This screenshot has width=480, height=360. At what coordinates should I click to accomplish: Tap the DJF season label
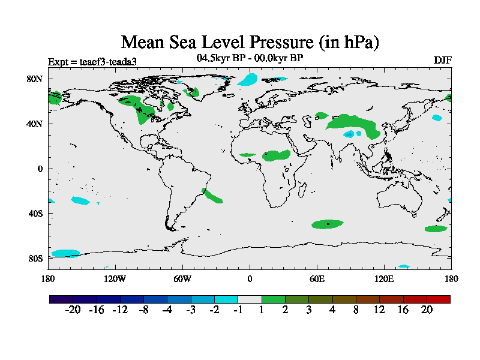[442, 61]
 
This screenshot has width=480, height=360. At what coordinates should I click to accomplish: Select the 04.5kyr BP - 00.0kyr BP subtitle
[250, 58]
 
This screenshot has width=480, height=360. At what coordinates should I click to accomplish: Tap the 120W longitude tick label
[115, 278]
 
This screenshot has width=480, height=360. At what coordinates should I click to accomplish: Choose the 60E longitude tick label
[317, 278]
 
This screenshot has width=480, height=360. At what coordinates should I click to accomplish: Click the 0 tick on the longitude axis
[250, 278]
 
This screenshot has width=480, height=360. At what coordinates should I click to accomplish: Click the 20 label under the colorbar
[427, 310]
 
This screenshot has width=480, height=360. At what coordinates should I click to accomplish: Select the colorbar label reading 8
[356, 310]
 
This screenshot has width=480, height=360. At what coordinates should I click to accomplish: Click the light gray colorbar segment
[250, 299]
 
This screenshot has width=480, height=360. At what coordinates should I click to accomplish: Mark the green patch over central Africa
[277, 155]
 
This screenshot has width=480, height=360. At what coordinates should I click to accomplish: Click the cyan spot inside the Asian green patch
[349, 134]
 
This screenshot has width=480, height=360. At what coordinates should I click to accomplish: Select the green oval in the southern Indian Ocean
[328, 224]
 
